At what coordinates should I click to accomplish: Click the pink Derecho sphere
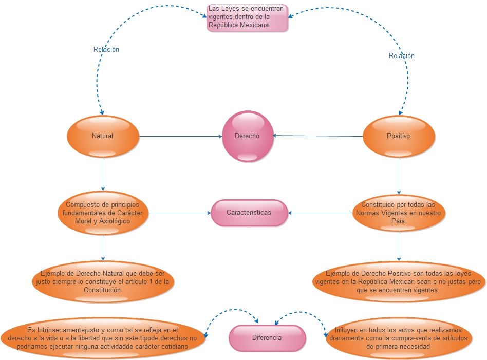[x=248, y=137]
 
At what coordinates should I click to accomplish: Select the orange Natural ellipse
[x=103, y=136]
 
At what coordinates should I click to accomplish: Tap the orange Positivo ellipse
[x=399, y=136]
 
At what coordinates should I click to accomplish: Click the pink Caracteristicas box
[x=249, y=213]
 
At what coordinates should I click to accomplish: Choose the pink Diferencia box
[x=267, y=338]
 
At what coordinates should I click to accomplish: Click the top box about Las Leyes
[x=247, y=18]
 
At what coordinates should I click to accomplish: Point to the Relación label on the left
[x=106, y=50]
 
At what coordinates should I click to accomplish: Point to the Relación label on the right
[x=401, y=55]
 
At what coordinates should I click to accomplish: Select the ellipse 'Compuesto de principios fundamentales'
[x=103, y=213]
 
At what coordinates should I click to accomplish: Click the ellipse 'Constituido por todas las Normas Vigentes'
[x=399, y=213]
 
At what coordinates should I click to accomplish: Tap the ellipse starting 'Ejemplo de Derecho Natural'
[x=103, y=281]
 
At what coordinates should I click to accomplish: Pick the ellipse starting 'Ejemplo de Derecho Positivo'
[x=399, y=281]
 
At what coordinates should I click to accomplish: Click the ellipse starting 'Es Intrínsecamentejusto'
[x=103, y=338]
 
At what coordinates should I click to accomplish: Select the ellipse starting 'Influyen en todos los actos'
[x=399, y=338]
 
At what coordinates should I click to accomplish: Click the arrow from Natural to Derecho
[x=180, y=137]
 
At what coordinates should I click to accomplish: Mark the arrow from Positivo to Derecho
[x=319, y=136]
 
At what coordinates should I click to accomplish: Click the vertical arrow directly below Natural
[x=103, y=174]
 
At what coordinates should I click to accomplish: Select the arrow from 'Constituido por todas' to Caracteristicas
[x=321, y=213]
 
